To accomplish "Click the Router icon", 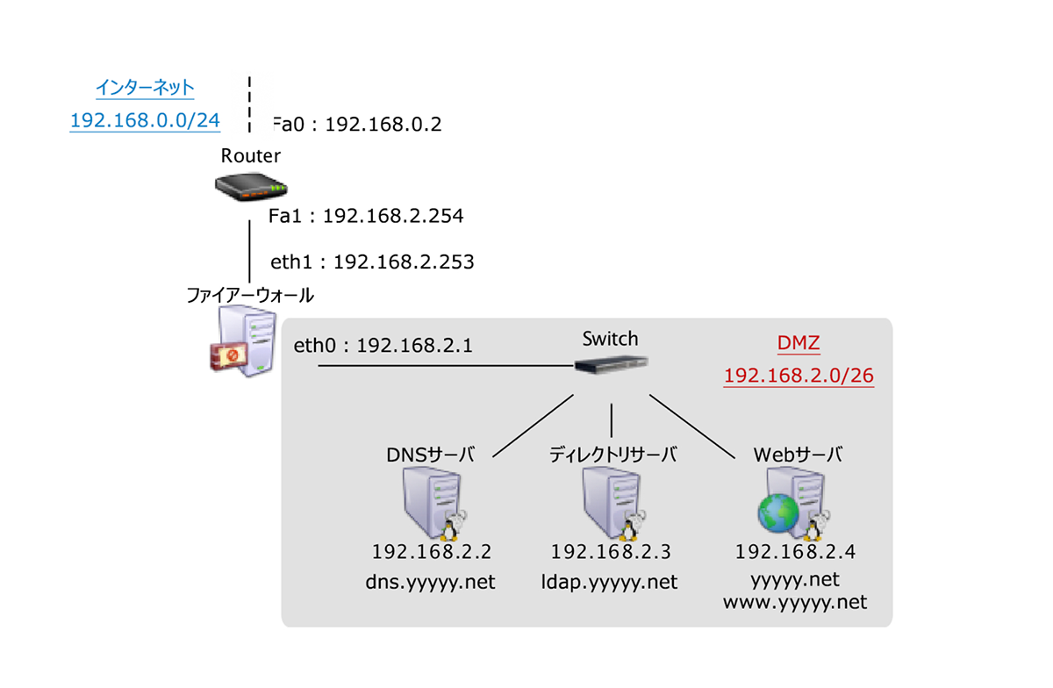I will [250, 186].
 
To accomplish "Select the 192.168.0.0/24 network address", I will [145, 120].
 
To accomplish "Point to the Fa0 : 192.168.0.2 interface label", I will [357, 125].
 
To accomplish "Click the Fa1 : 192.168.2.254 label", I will [366, 216].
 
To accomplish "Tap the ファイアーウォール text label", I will [250, 295].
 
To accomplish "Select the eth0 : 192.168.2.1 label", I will [383, 346].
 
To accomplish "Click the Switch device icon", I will [612, 363].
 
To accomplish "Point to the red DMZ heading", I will [799, 344].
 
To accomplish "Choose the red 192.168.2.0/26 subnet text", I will [799, 376].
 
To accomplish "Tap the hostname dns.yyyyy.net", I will [431, 582].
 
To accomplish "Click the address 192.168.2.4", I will [795, 553].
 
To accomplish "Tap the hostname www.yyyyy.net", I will [795, 603].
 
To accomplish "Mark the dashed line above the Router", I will [250, 106].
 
